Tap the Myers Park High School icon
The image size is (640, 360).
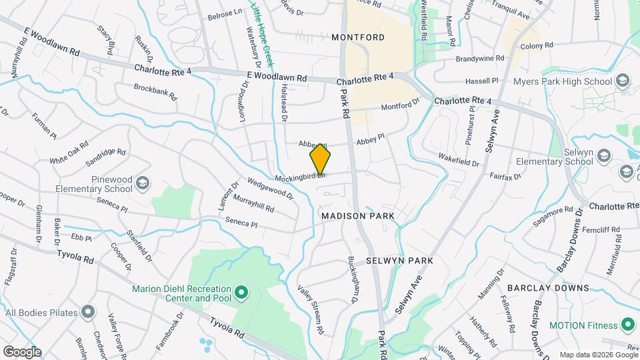[x=623, y=81]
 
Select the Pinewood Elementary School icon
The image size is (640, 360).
[x=143, y=183]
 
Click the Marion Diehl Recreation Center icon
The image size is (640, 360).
[x=241, y=293]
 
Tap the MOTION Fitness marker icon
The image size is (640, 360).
[x=627, y=325]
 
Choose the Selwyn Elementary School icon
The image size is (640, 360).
[x=604, y=156]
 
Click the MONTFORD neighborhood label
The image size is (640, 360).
[x=358, y=37]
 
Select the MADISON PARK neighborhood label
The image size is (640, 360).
[x=357, y=216]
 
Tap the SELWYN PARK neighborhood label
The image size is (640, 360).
[x=399, y=261]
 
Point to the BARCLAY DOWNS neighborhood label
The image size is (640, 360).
[x=548, y=288]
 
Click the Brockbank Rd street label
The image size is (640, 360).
[x=155, y=91]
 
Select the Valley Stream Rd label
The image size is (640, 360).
[x=311, y=309]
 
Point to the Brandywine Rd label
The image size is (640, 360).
[x=480, y=59]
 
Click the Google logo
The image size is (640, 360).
[x=22, y=351]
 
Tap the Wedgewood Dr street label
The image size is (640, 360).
[x=270, y=188]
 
